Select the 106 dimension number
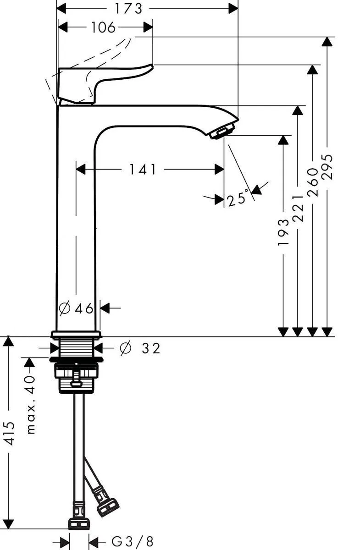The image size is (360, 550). (x=103, y=27)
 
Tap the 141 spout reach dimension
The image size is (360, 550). (x=143, y=170)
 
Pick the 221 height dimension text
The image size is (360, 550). (x=298, y=208)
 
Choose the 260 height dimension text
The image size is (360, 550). (x=313, y=182)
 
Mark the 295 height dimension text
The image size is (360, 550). (x=327, y=167)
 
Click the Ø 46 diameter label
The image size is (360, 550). (x=77, y=308)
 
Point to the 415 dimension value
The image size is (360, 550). (x=10, y=433)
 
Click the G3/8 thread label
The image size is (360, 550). (x=133, y=541)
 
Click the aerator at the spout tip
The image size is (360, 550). (x=222, y=132)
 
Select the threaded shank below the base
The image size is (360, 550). (x=77, y=347)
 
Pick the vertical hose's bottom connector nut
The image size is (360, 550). (x=79, y=522)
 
